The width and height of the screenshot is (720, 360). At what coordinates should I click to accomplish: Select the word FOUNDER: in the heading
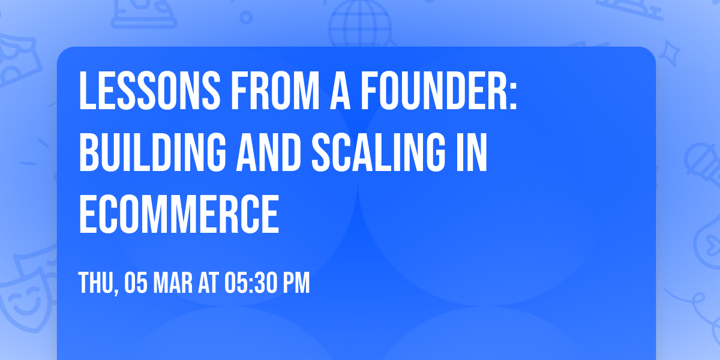point(443,91)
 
